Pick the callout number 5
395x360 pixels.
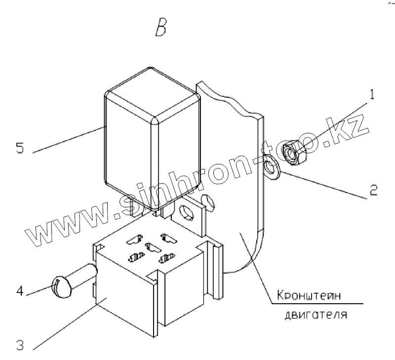pyautogui.click(x=19, y=149)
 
